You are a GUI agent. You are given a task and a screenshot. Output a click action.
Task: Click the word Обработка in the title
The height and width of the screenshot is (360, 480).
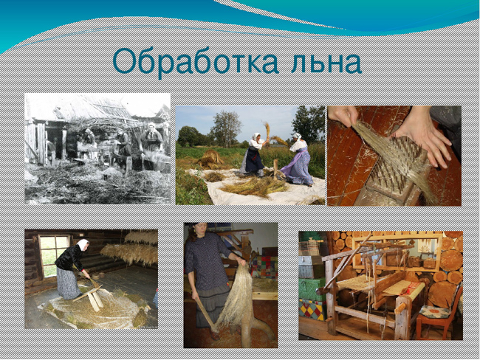click(x=196, y=61)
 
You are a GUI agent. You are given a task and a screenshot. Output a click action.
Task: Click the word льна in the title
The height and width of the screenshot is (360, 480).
click(x=326, y=63)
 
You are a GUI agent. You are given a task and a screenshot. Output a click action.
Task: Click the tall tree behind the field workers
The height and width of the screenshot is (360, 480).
click(x=226, y=128)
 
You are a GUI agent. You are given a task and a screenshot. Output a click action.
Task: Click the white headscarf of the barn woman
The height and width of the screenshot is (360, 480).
click(x=83, y=245)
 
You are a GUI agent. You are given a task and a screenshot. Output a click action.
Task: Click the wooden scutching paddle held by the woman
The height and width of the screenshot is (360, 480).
click(x=206, y=316)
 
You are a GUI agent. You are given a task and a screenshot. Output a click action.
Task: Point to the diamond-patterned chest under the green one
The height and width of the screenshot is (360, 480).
click(x=312, y=310)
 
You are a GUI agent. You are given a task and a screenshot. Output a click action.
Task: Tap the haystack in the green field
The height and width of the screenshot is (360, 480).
click(x=210, y=159)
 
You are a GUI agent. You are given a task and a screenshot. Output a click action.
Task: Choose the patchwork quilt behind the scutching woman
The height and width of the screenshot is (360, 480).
click(x=264, y=267)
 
